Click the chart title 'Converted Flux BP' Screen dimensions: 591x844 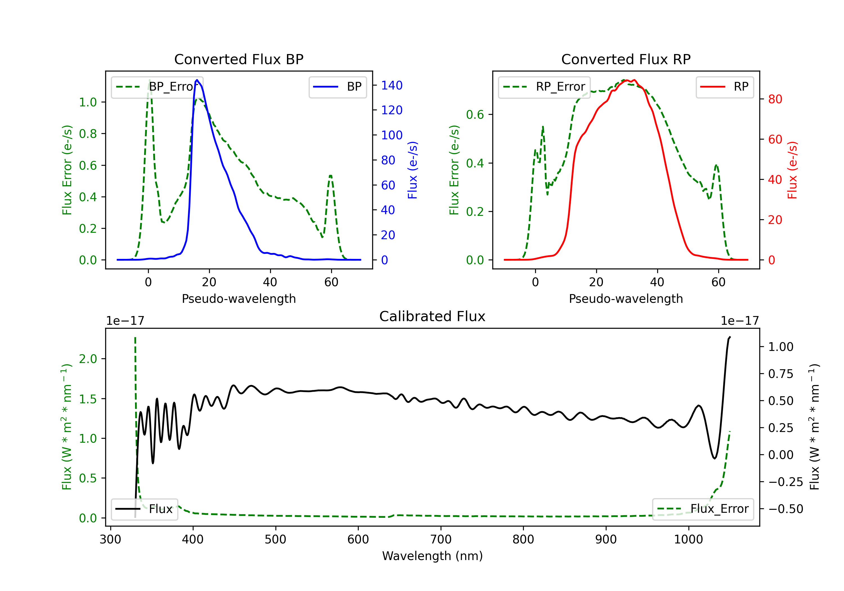pyautogui.click(x=239, y=59)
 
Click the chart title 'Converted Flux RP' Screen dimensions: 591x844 pyautogui.click(x=626, y=59)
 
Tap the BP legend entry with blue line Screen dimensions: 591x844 pyautogui.click(x=337, y=87)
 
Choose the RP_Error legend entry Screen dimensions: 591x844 pyautogui.click(x=544, y=87)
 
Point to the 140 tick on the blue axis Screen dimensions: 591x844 pyautogui.click(x=392, y=85)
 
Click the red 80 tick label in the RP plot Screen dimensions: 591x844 pyautogui.click(x=775, y=99)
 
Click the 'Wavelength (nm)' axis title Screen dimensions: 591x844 pyautogui.click(x=432, y=556)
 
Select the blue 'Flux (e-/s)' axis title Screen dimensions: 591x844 pyautogui.click(x=412, y=170)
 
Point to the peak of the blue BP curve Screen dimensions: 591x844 pyautogui.click(x=197, y=80)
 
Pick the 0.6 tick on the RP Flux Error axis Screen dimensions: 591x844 pyautogui.click(x=475, y=114)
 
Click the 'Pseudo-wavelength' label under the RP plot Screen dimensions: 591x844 pyautogui.click(x=626, y=299)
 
